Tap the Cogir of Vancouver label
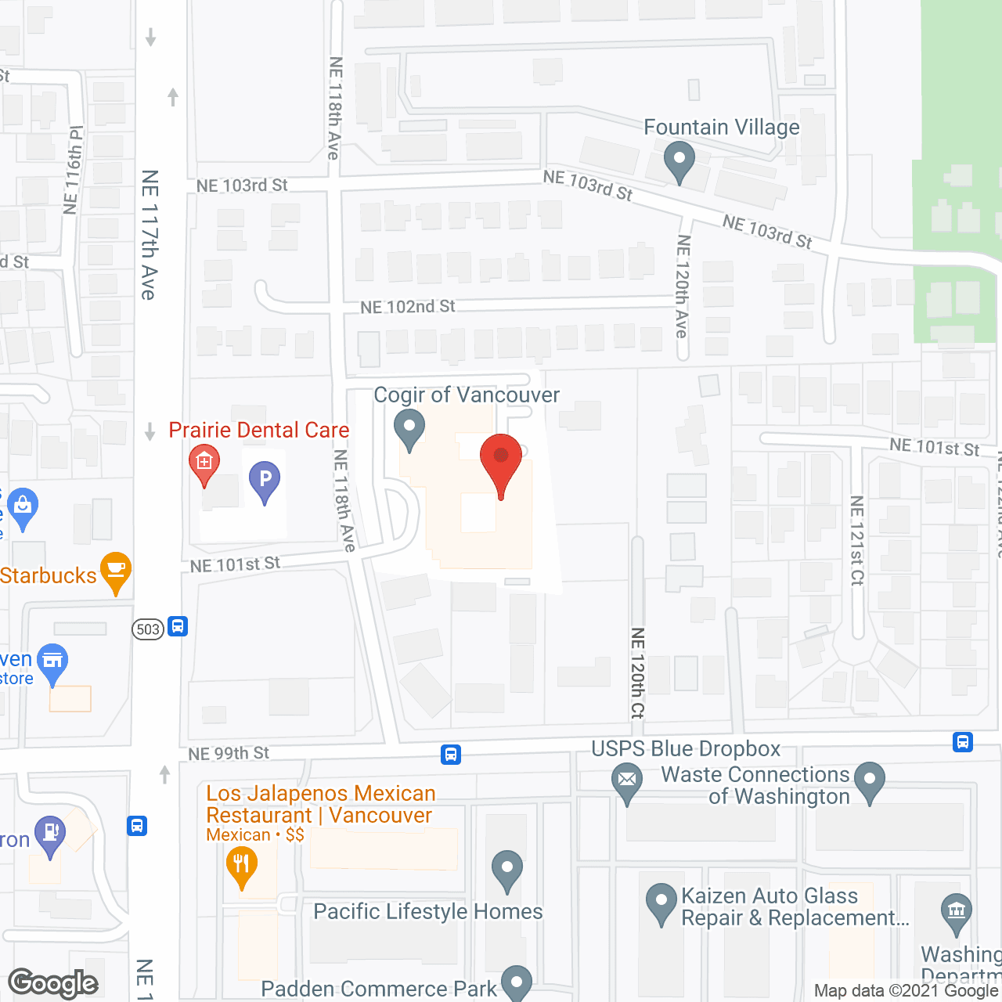[467, 395]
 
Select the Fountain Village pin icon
[679, 161]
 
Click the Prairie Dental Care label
[259, 431]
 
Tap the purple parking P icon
[265, 480]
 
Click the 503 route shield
[148, 629]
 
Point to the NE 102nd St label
[407, 307]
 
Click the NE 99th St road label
[229, 754]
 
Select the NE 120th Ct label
[638, 672]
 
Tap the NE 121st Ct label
[857, 540]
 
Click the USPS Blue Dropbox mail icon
[627, 781]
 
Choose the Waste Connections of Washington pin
[869, 780]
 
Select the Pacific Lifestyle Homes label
[428, 912]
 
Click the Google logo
[53, 983]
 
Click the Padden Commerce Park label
[379, 989]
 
